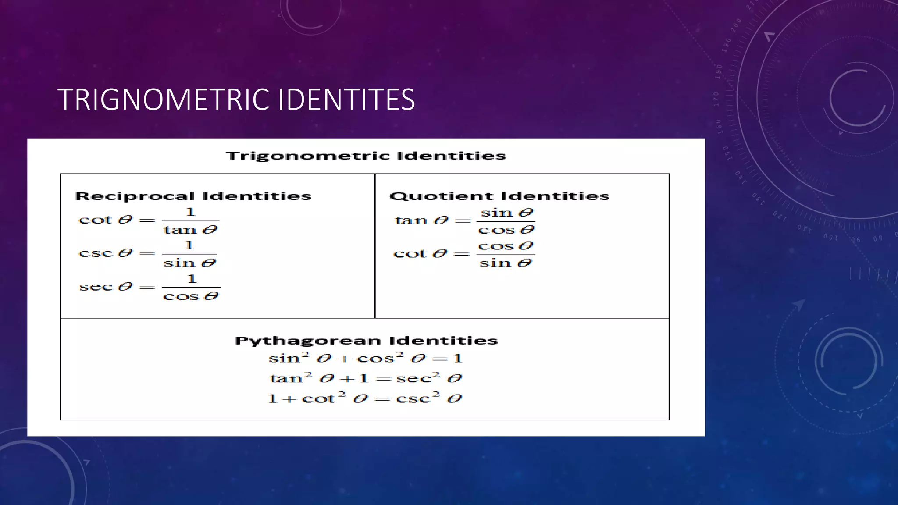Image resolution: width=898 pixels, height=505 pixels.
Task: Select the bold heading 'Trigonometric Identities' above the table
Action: click(366, 156)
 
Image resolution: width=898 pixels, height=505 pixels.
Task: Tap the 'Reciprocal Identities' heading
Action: click(193, 196)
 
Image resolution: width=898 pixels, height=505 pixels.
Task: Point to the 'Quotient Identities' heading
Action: click(499, 196)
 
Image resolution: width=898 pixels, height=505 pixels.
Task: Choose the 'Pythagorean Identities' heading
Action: click(366, 341)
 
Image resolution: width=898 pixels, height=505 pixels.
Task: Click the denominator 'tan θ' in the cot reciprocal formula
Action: click(190, 230)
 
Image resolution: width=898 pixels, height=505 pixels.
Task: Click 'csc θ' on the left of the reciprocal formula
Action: click(106, 253)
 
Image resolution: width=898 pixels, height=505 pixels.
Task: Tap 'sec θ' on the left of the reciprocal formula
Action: click(106, 287)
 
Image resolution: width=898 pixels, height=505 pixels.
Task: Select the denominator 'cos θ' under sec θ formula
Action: click(191, 296)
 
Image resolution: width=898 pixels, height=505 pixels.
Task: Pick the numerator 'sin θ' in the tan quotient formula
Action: click(506, 213)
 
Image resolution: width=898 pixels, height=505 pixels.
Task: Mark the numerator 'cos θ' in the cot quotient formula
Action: click(506, 246)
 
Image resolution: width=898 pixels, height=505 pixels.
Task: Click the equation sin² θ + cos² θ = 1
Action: click(366, 358)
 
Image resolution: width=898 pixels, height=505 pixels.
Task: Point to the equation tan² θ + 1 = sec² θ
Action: click(366, 378)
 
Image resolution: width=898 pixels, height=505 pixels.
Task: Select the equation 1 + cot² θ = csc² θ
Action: click(365, 398)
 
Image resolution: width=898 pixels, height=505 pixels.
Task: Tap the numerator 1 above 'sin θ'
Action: click(189, 245)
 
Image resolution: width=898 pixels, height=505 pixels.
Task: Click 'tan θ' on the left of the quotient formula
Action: click(422, 220)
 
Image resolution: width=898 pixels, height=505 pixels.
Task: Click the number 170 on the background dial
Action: click(716, 99)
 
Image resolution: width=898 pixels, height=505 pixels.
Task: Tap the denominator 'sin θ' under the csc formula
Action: click(190, 263)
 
